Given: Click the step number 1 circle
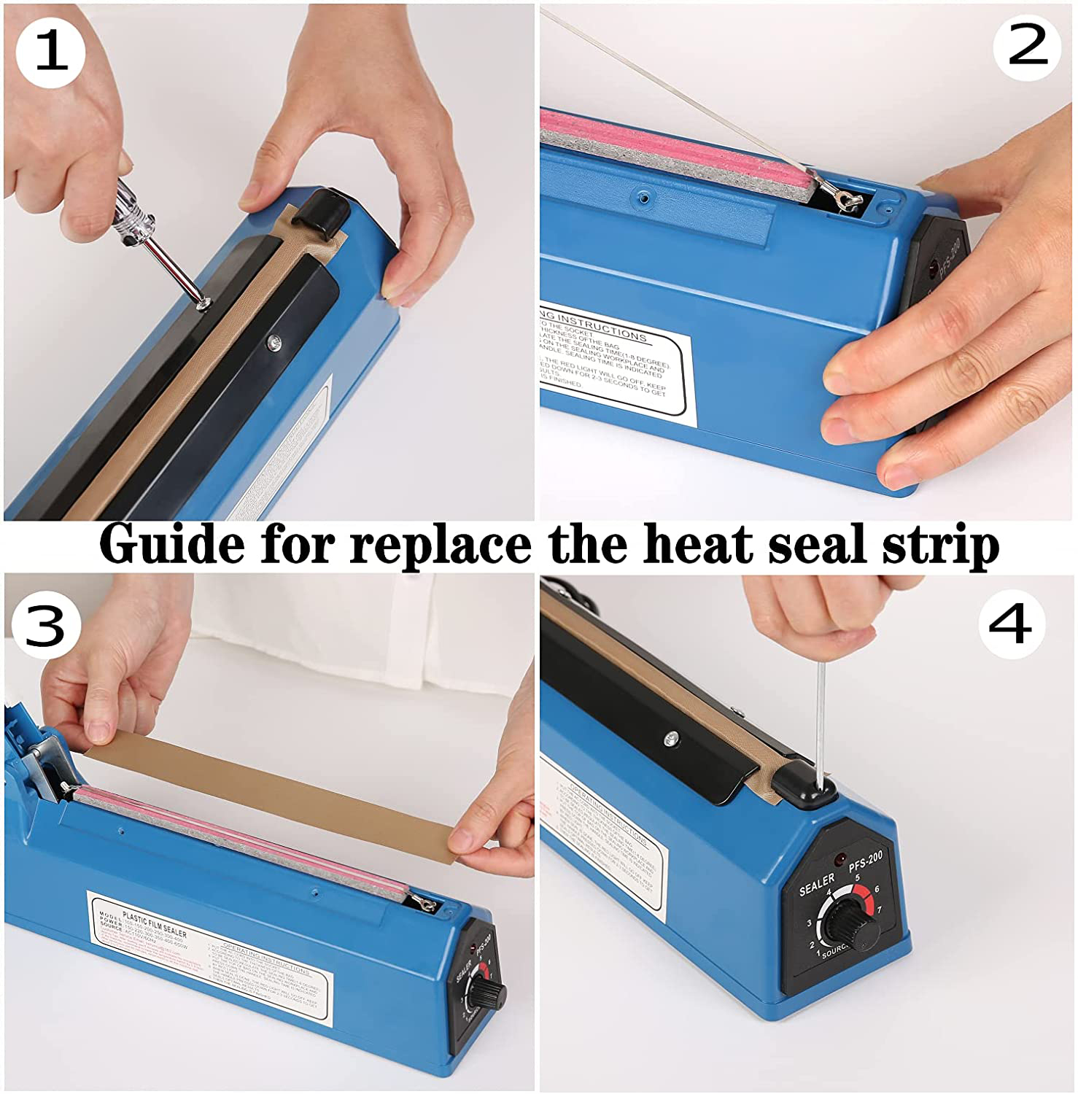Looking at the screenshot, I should (50, 51).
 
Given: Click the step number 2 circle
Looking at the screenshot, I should (1027, 45).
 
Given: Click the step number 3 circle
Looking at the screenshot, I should (45, 626).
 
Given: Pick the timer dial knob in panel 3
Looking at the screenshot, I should (486, 993).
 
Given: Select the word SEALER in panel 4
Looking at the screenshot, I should (816, 884).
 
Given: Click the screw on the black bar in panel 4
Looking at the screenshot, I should (670, 740).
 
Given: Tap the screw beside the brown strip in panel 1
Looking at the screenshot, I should (275, 341).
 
